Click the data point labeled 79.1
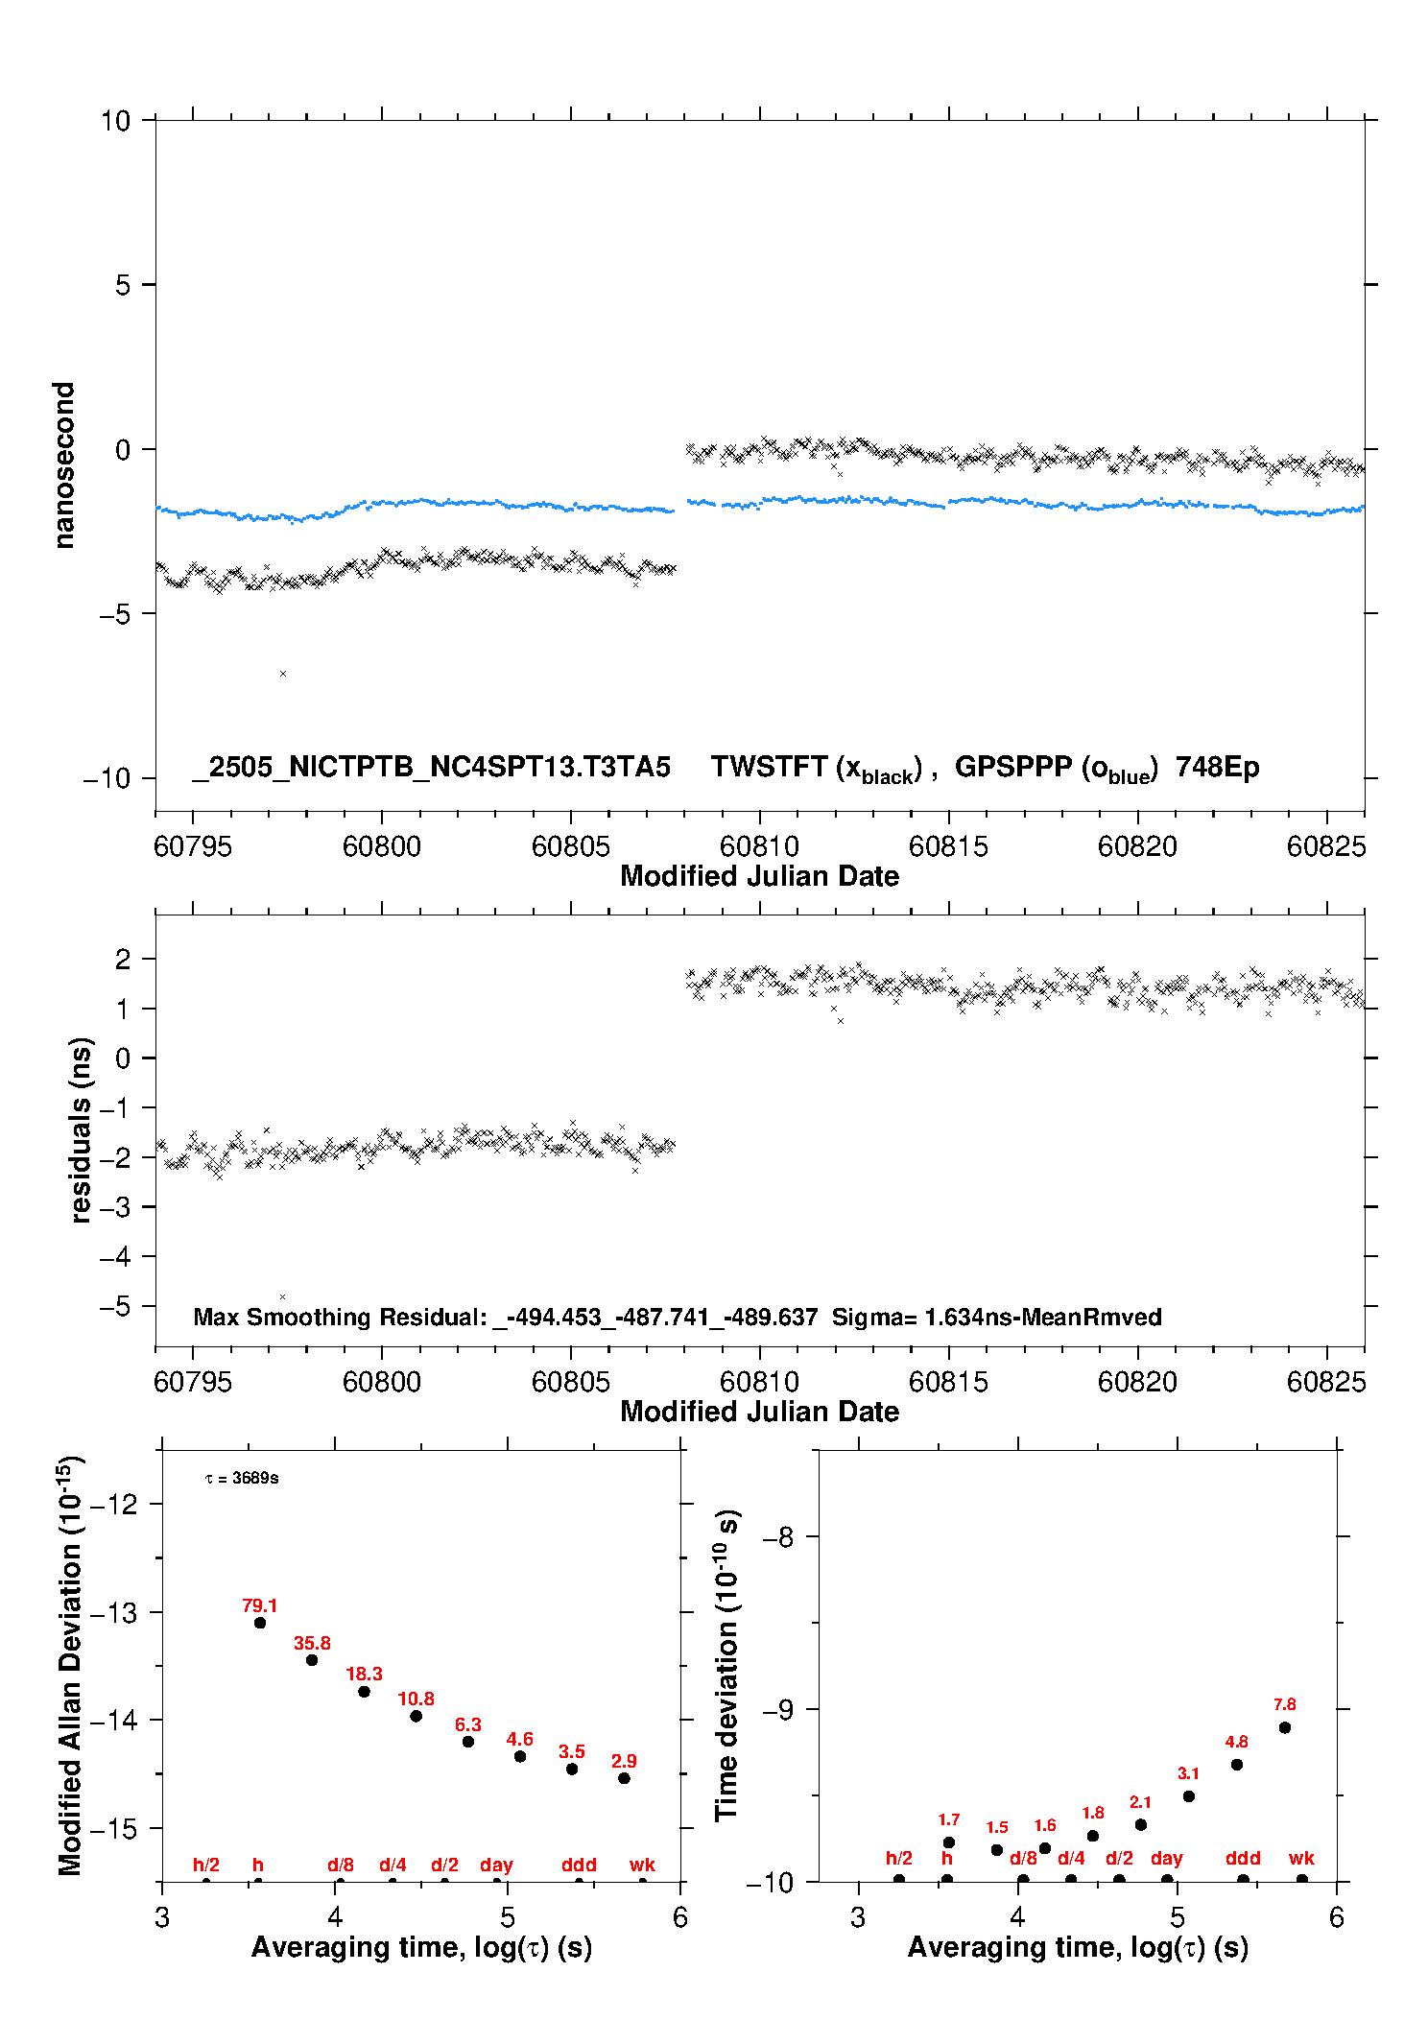[260, 1623]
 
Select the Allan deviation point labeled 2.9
[624, 1778]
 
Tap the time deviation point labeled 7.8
[1285, 1727]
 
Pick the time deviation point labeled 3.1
[1189, 1796]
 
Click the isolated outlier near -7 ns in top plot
[283, 674]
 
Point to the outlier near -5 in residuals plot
[282, 1296]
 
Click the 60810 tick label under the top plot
[759, 846]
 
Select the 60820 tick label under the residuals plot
[1137, 1382]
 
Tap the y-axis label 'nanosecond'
[63, 465]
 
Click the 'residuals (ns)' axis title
[81, 1129]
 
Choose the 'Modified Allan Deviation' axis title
[69, 1666]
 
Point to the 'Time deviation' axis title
[726, 1665]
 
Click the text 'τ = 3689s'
[242, 1479]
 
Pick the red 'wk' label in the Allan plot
[642, 1865]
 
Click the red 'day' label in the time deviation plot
[1166, 1859]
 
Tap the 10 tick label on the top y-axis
[115, 121]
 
